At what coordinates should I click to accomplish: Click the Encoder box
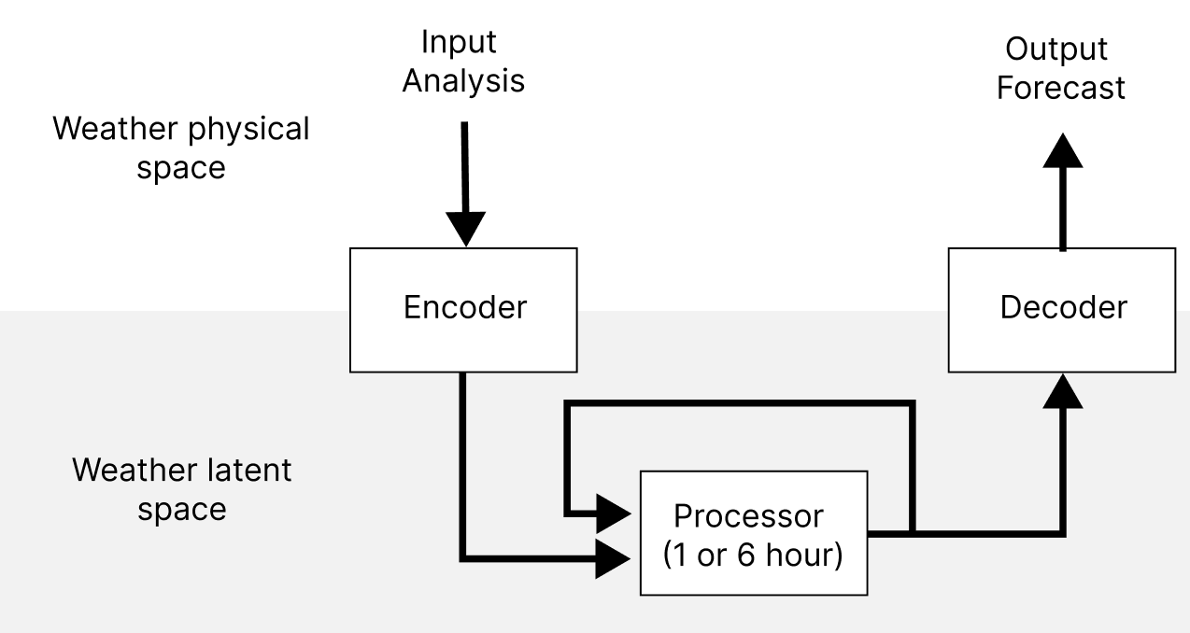tap(464, 308)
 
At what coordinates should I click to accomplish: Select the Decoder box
tap(1062, 308)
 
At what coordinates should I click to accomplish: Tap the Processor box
tap(753, 533)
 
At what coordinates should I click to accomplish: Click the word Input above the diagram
tap(459, 43)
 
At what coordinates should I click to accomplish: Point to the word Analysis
tap(462, 81)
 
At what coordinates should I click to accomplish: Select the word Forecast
tap(1061, 88)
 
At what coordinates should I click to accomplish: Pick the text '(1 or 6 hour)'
tap(753, 555)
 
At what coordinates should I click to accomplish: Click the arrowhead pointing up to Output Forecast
tap(1062, 151)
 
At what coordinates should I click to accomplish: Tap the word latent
tap(246, 470)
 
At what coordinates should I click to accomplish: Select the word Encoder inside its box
tap(464, 308)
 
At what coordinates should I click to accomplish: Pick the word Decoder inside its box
tap(1062, 308)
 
